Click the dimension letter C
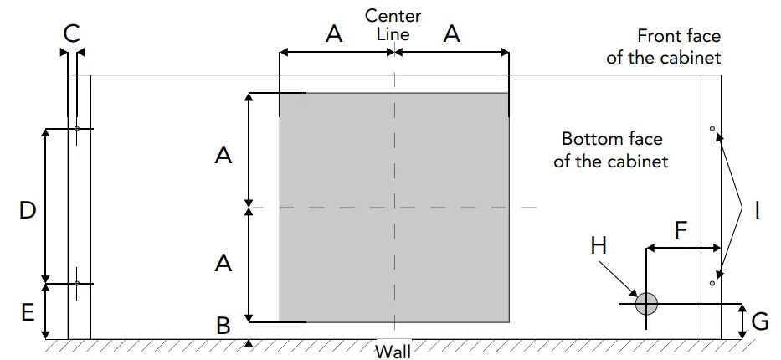click(x=72, y=33)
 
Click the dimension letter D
click(x=27, y=210)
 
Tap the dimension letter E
click(x=27, y=313)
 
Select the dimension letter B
click(x=224, y=325)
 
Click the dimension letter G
click(x=760, y=321)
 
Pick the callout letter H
click(x=599, y=245)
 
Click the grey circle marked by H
click(x=645, y=304)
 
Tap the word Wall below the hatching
click(x=393, y=351)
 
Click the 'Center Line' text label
click(x=393, y=25)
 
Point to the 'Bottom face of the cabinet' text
click(x=610, y=149)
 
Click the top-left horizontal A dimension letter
click(x=334, y=34)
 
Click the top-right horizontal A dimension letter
click(x=452, y=34)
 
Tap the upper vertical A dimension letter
click(x=224, y=155)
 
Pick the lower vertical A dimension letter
click(x=224, y=263)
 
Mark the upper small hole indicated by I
click(x=712, y=129)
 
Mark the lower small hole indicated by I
click(x=712, y=284)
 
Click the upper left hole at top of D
click(x=76, y=129)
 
